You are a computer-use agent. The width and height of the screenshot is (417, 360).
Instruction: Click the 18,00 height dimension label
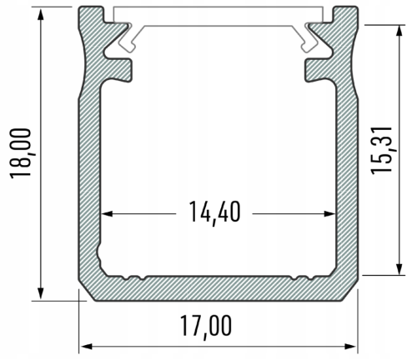coord(21,153)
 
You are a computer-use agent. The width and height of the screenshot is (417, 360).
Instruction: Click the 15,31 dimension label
coord(381,151)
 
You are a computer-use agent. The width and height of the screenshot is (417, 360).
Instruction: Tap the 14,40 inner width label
coord(214,212)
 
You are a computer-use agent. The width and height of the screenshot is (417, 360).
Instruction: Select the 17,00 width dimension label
coord(206,327)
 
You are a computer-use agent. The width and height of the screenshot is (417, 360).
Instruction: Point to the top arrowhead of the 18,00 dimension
coord(41,14)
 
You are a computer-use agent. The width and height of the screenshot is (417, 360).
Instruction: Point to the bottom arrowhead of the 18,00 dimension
coord(41,293)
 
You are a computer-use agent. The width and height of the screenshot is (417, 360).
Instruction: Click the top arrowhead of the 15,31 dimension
coord(399,31)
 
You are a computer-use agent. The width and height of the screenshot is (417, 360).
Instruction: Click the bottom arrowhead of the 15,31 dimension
coord(399,269)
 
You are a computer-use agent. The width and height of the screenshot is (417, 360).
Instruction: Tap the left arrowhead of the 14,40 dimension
coord(107,213)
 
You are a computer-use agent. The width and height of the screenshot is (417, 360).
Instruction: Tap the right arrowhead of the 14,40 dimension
coord(329,213)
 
